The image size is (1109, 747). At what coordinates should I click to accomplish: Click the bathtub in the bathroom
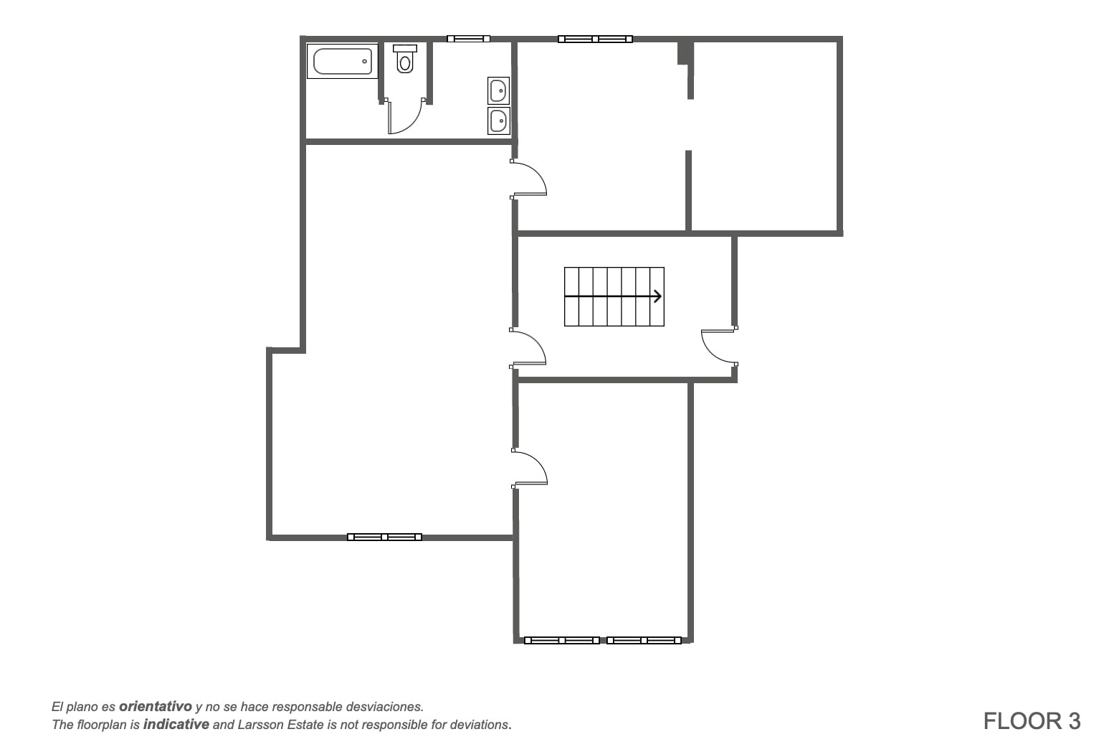coord(343,61)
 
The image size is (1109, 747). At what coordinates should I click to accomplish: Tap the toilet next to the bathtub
coord(405,59)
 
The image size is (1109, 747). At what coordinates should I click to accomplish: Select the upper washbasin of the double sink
coord(498,90)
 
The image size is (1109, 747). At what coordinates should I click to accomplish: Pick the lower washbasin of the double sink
coord(498,121)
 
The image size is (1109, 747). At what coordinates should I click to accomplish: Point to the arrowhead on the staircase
coord(658,296)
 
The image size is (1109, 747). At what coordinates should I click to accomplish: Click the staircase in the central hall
coord(614,296)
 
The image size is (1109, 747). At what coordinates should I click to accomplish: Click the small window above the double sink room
coord(468,39)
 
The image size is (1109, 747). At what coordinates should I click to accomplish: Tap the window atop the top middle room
coord(595,39)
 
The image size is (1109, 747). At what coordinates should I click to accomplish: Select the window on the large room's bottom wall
coord(385,537)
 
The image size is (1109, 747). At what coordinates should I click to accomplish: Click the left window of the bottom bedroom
coord(562,640)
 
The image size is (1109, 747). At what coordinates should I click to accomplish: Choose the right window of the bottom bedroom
coord(644,640)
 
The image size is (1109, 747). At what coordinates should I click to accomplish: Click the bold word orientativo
coord(156,706)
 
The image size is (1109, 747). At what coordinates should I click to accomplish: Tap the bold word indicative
coord(176,725)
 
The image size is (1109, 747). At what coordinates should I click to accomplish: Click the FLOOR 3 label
coord(1032,721)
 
